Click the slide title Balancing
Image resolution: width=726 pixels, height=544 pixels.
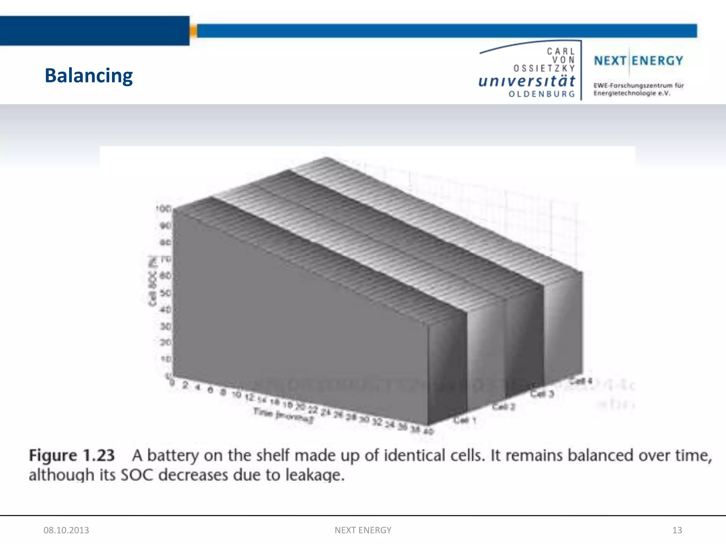[x=89, y=76]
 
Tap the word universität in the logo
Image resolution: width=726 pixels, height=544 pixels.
[x=526, y=81]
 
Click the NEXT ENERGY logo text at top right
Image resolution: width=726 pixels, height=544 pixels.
[x=638, y=61]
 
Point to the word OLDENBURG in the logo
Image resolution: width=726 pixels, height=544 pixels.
[x=542, y=94]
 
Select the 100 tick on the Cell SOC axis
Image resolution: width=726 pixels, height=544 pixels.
[x=164, y=209]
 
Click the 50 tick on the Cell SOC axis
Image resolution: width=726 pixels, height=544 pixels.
[x=166, y=293]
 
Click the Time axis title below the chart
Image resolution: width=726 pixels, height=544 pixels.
[x=283, y=415]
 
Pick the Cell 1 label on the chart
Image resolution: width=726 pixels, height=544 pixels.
[x=465, y=420]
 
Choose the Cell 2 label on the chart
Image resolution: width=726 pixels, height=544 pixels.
[x=503, y=407]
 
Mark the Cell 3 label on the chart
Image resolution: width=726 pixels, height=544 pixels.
[x=542, y=393]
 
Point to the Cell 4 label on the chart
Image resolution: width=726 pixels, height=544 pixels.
[x=581, y=381]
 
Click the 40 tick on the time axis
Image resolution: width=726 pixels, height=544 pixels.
[x=429, y=431]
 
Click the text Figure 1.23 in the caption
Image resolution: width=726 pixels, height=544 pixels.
[x=72, y=455]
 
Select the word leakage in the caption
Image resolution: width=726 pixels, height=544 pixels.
[x=315, y=475]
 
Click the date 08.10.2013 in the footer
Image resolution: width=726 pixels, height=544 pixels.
[x=66, y=530]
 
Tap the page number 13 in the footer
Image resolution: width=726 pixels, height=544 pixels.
[x=677, y=530]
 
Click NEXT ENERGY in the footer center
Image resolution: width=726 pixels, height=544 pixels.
[x=363, y=530]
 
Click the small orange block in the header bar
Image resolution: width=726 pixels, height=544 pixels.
[x=193, y=31]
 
